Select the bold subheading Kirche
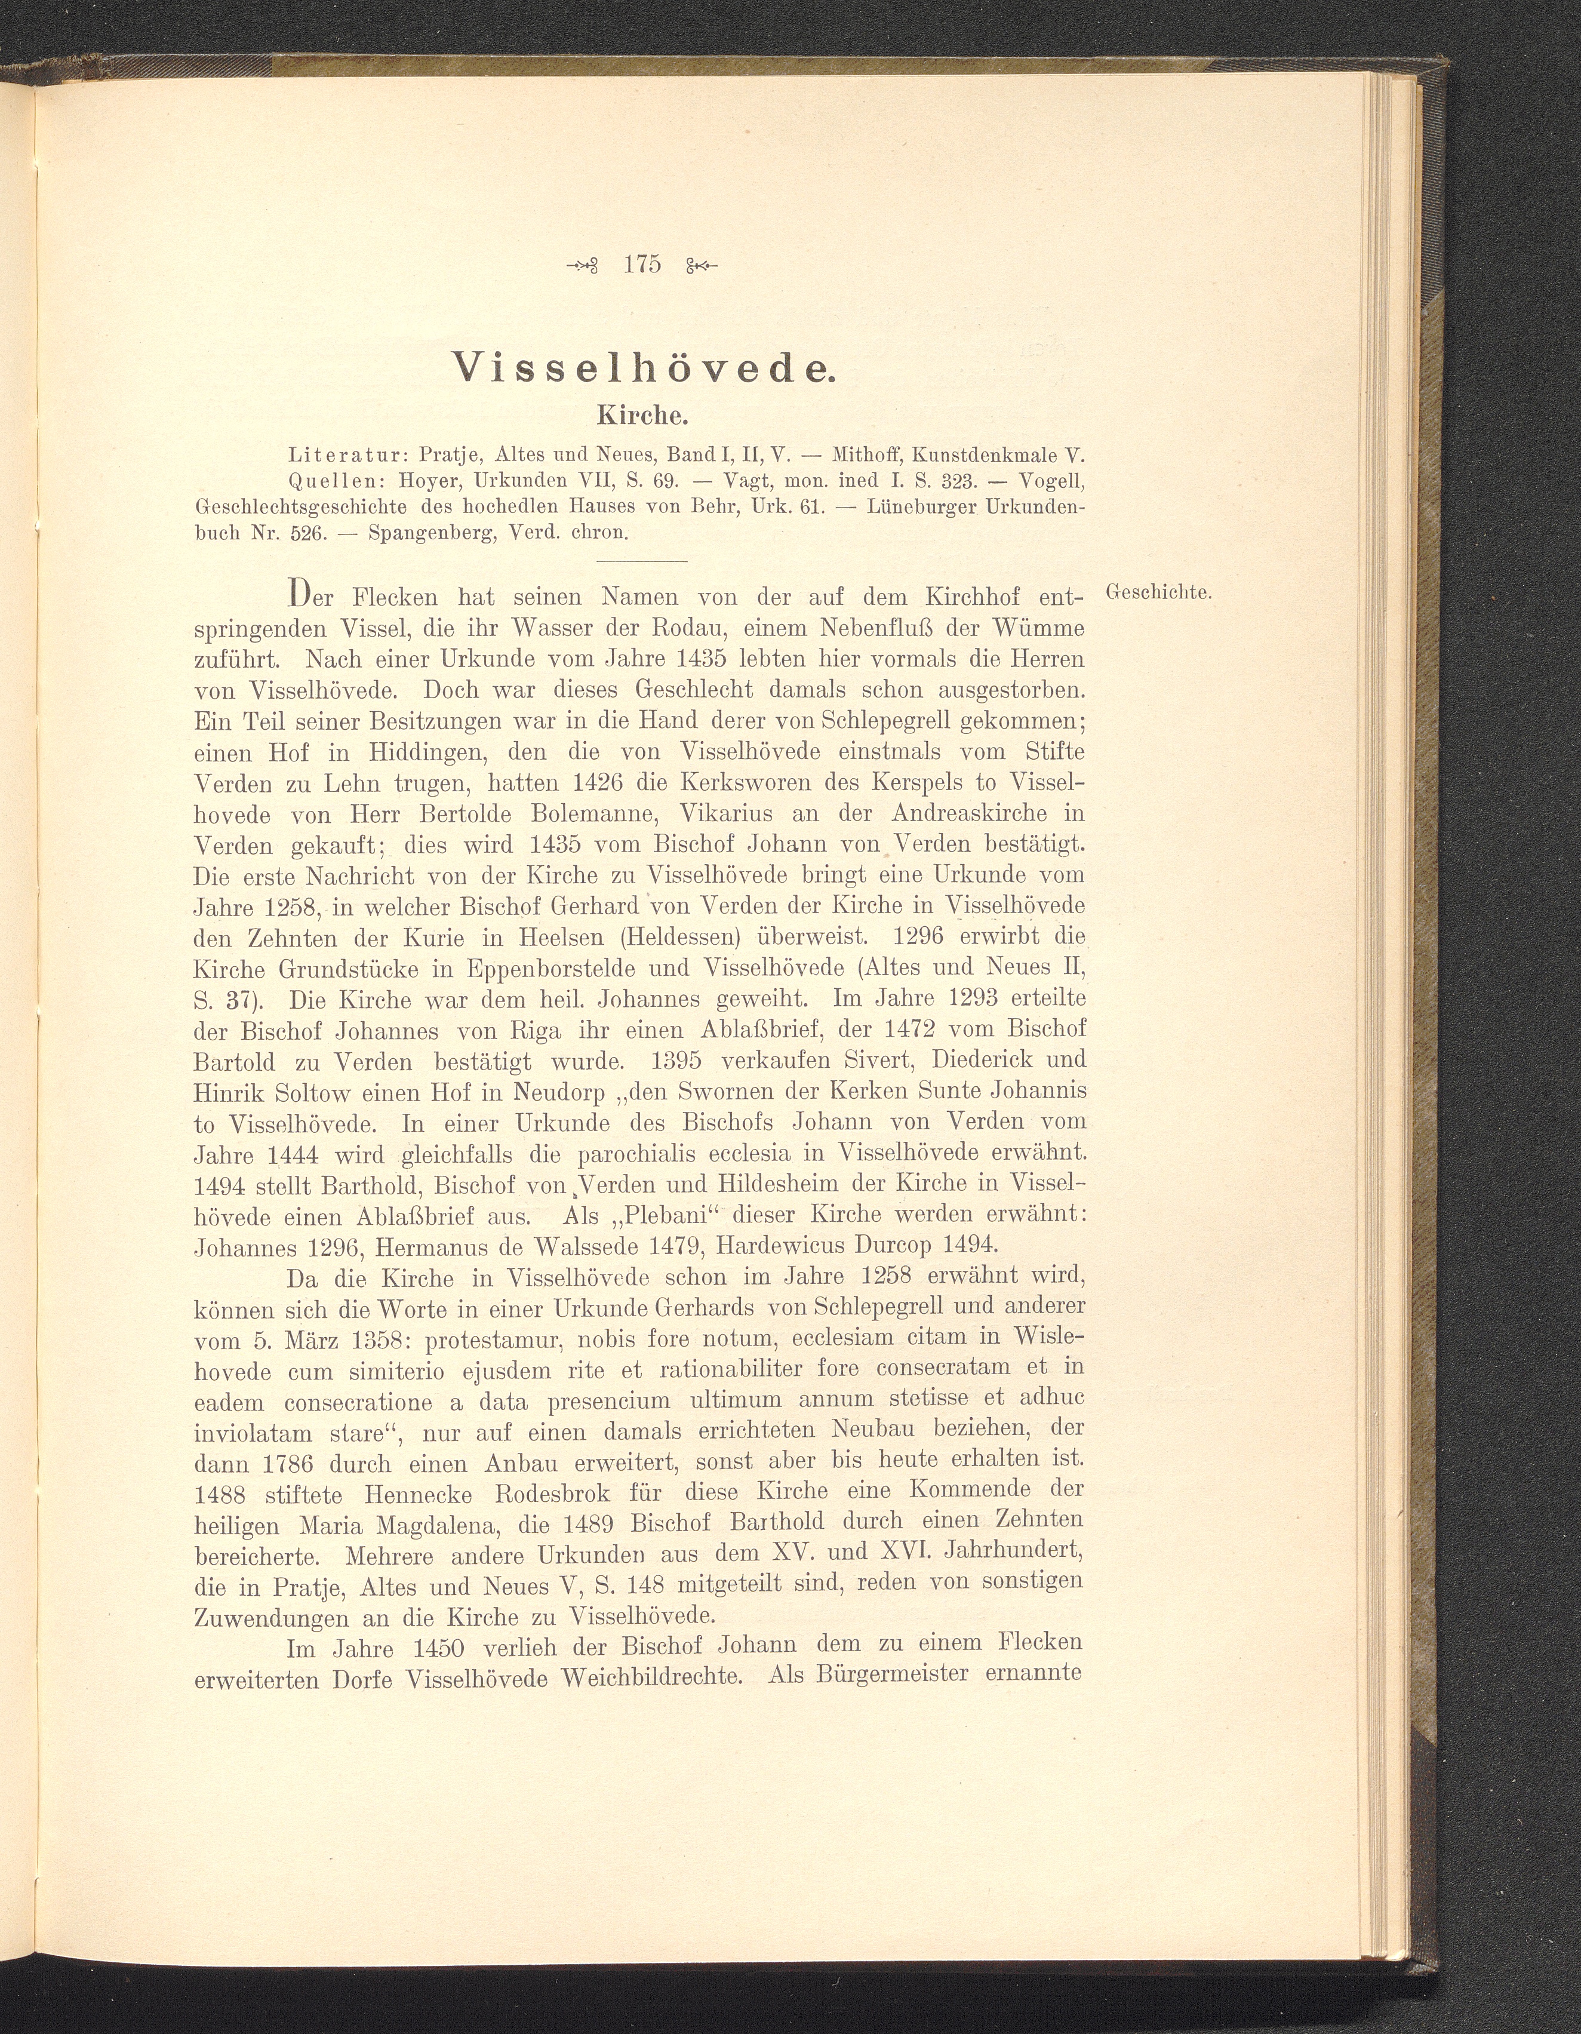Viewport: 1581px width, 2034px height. pos(642,413)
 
